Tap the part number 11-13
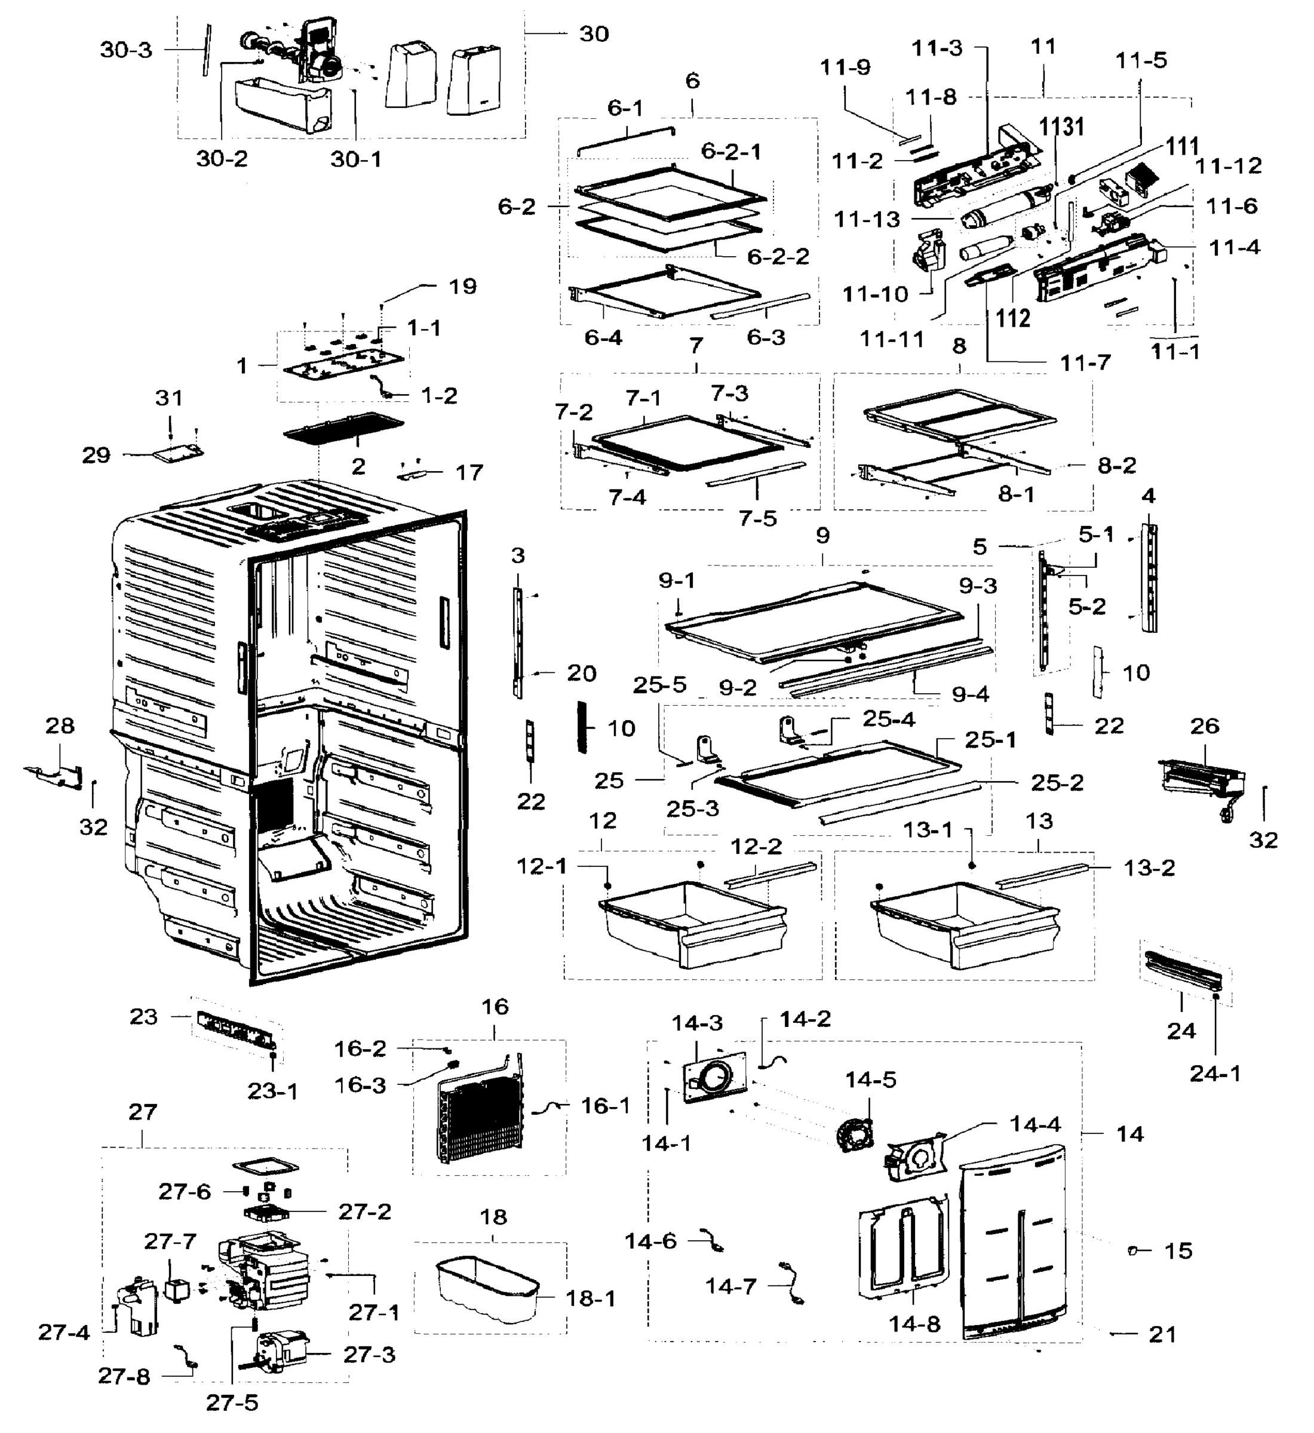click(x=867, y=220)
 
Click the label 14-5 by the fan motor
click(x=870, y=1079)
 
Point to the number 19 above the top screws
click(x=462, y=287)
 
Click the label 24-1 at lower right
click(x=1215, y=1074)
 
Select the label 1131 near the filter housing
click(x=1063, y=127)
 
